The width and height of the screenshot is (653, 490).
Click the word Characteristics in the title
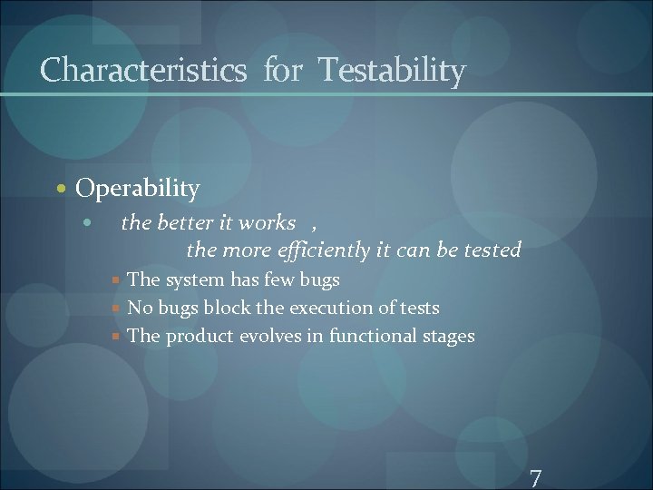click(143, 70)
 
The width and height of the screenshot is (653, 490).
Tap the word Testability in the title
click(391, 70)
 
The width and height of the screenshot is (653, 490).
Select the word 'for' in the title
click(283, 70)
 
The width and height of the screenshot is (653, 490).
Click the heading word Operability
click(138, 189)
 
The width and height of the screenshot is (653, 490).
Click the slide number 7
click(535, 478)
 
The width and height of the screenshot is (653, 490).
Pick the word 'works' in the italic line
click(267, 222)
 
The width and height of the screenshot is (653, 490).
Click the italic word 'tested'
click(493, 250)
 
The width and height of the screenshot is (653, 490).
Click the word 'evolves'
click(269, 336)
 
